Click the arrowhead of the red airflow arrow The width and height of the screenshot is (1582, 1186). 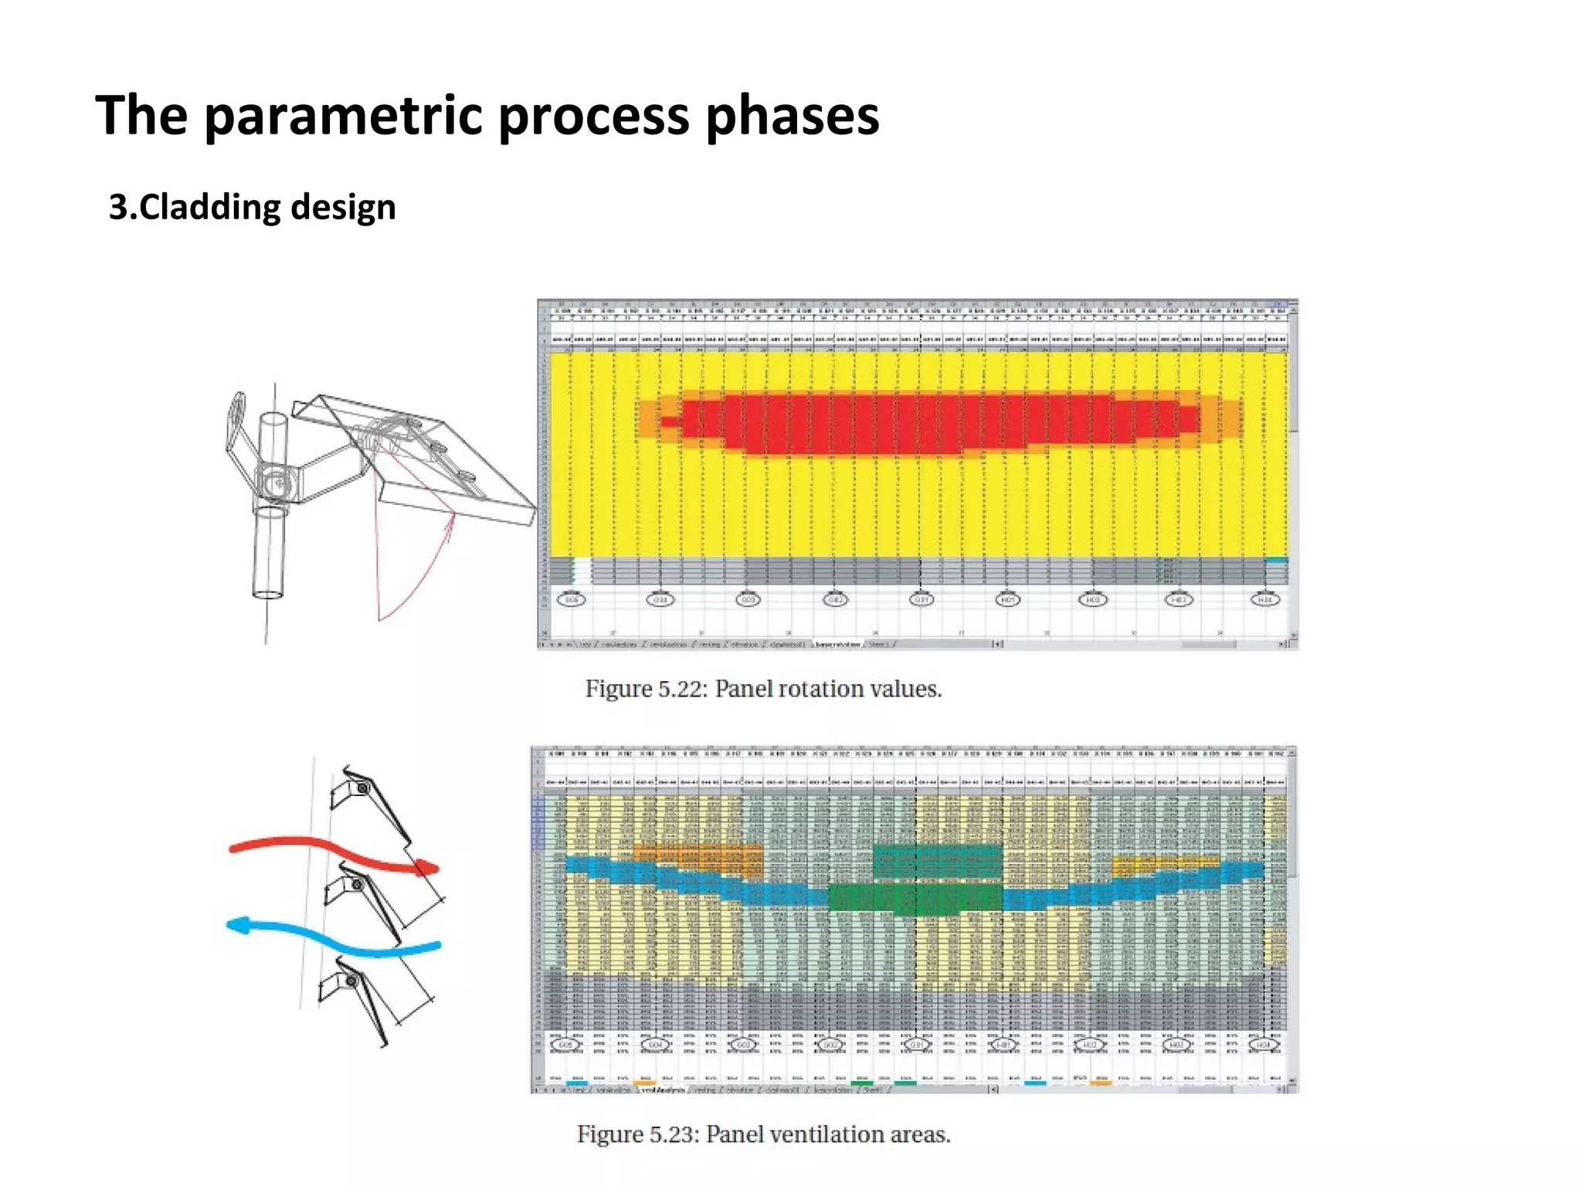[x=427, y=867]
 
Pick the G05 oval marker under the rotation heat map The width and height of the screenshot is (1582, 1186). [x=571, y=600]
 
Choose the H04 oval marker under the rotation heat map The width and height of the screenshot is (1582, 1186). [x=1265, y=600]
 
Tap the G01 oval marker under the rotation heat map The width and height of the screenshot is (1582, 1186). [x=921, y=600]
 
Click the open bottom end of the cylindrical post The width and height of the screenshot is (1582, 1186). [x=267, y=595]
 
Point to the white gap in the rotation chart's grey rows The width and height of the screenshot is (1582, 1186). [x=583, y=570]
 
